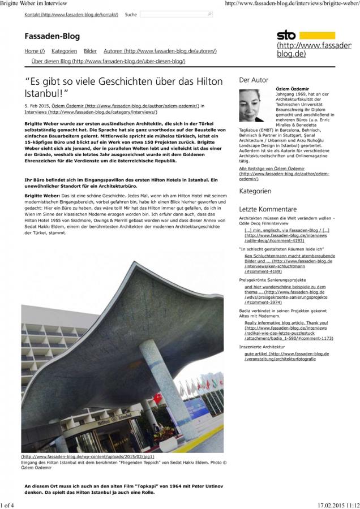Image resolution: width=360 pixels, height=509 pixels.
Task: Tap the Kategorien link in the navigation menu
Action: point(64,51)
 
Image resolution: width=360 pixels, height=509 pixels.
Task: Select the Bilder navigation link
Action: point(90,51)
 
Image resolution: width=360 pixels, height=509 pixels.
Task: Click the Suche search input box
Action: point(176,14)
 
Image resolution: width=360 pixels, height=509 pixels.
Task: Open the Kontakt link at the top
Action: point(71,14)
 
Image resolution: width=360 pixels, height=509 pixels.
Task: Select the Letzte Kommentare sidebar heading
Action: point(268,209)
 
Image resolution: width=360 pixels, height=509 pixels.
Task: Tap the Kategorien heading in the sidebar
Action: point(255,191)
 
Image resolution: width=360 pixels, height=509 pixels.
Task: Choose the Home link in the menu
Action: point(35,51)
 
